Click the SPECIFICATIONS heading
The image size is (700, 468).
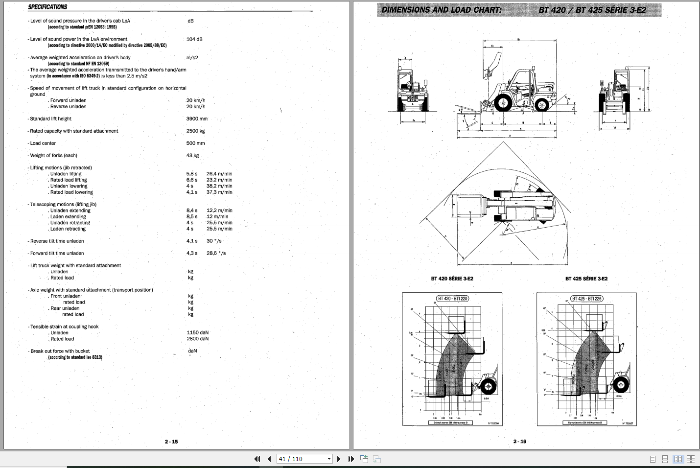coord(47,7)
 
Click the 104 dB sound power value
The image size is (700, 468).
coord(194,39)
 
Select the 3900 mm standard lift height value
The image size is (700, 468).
coord(197,118)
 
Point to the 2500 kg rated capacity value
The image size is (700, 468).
coord(195,131)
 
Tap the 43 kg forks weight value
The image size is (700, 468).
coord(192,155)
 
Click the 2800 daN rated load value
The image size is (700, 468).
coord(197,338)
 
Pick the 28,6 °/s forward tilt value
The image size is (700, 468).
coord(216,253)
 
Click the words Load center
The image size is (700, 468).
coord(43,143)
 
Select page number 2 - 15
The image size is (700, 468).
coord(171,442)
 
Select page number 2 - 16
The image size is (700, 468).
coord(520,442)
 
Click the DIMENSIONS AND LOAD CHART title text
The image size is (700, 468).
coord(441,10)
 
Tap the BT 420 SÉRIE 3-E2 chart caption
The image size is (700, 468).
coord(452,279)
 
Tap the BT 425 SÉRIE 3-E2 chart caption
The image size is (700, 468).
coord(586,279)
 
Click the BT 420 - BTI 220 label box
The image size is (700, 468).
coord(452,298)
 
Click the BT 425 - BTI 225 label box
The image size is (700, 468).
coord(587,298)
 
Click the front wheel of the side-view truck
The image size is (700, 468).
coord(503,103)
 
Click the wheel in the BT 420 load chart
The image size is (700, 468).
coord(487,387)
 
